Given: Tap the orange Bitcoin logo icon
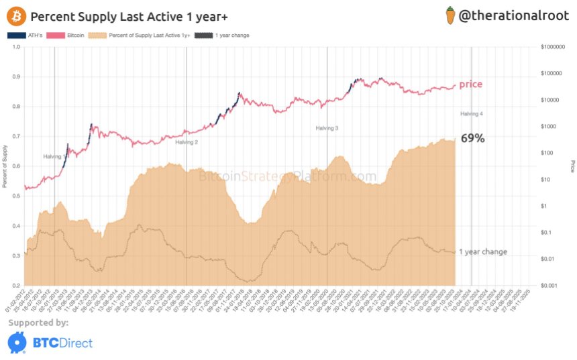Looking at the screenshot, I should coord(16,15).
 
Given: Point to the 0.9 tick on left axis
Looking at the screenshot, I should coord(15,76).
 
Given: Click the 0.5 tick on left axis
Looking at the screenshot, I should coord(15,196).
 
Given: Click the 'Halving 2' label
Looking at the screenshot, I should coord(187,142).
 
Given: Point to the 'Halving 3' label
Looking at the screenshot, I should coord(327,127).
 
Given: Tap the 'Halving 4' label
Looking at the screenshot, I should coord(472,114).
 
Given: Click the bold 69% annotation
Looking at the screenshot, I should coord(472,139).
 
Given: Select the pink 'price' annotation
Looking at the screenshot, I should coord(470,84).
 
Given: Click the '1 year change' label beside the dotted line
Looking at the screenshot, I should coord(482,252).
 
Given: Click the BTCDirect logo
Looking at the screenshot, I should coord(50,343).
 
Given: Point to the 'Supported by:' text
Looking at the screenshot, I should coord(38,323).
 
